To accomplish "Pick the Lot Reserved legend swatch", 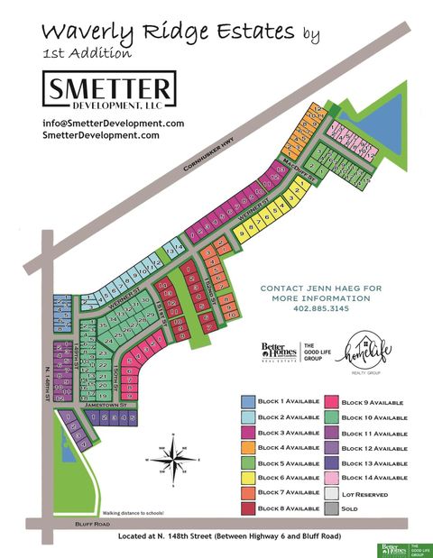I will (331, 494).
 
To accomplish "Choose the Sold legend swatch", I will (331, 508).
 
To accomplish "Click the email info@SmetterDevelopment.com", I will (113, 123).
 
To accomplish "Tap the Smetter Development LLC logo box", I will (109, 90).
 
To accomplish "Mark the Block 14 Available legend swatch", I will (331, 479).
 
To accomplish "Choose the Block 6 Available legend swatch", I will (248, 479).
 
